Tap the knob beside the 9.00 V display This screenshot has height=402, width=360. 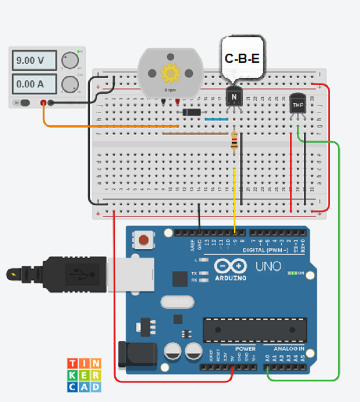tap(70, 61)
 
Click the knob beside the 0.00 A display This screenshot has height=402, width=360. tap(70, 84)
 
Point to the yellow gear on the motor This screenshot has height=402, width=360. tap(170, 73)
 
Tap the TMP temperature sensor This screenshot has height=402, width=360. tap(298, 105)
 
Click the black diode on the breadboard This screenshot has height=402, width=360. tap(192, 112)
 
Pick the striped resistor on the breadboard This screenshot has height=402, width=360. tap(234, 141)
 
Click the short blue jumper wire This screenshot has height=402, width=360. tap(217, 120)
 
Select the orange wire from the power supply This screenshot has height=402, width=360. tap(101, 126)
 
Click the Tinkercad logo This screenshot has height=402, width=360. tap(84, 375)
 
